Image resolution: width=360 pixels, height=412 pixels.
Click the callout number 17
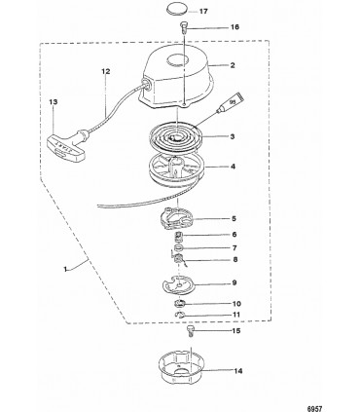tap(203, 12)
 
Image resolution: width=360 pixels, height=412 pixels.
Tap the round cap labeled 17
tap(177, 9)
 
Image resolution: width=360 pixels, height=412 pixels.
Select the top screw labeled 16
tap(184, 26)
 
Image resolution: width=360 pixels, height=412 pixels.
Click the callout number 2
tap(233, 65)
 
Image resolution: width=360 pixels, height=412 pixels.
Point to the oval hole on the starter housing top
tap(178, 60)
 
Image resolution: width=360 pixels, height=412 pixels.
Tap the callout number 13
tap(54, 102)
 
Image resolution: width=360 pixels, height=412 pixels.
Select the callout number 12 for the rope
tap(106, 71)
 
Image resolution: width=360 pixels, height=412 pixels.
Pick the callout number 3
tap(233, 136)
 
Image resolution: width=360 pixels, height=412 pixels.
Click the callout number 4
tap(233, 167)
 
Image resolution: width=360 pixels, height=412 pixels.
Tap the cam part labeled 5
tap(176, 218)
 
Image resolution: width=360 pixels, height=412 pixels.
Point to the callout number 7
tap(234, 248)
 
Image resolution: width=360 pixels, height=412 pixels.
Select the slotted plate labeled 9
tap(178, 284)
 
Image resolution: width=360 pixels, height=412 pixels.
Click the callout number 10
tap(236, 304)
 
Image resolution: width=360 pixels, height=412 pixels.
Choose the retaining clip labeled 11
tap(179, 315)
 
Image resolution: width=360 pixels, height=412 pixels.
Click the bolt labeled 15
tap(191, 332)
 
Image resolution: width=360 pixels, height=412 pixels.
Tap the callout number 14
tap(238, 371)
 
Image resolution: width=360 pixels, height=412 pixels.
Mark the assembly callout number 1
tap(65, 269)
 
